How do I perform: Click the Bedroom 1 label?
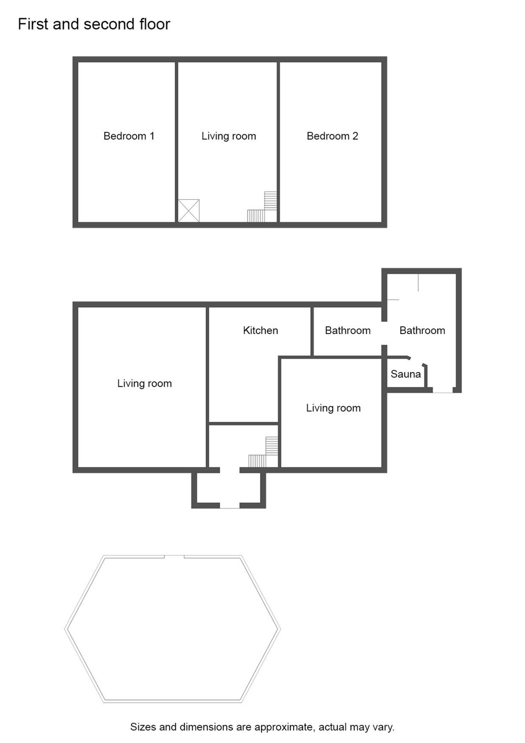[129, 136]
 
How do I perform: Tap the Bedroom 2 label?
[332, 136]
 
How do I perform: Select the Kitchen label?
[260, 330]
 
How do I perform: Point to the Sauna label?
[406, 374]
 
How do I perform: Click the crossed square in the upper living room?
[189, 211]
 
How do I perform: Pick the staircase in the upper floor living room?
[262, 207]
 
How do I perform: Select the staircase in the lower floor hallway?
[263, 452]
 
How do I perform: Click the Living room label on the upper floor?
[229, 136]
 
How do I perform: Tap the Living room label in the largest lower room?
[145, 383]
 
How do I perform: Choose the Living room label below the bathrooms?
[333, 408]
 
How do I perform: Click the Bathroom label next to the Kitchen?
[348, 330]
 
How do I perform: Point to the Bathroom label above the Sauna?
[422, 330]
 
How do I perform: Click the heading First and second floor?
[94, 24]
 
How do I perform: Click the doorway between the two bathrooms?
[385, 333]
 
